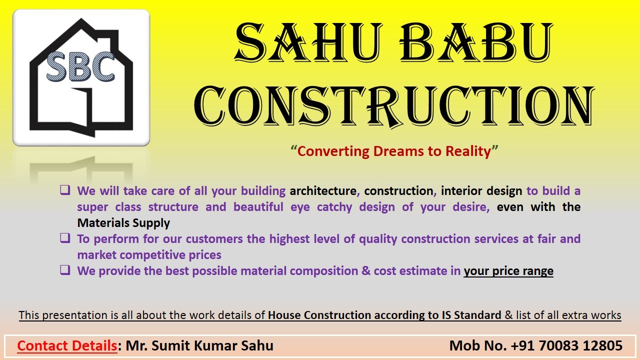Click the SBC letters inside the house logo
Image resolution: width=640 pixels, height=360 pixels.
[80, 66]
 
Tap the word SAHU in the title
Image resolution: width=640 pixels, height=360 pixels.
[308, 42]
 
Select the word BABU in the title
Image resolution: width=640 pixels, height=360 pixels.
[476, 42]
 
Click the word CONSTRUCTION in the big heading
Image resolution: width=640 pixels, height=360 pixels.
[394, 106]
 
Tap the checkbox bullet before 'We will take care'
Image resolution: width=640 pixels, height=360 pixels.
[65, 189]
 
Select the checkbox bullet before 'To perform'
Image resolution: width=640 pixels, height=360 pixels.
[65, 237]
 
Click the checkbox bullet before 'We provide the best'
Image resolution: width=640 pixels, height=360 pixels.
[65, 269]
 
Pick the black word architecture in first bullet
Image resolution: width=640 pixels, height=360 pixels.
[323, 191]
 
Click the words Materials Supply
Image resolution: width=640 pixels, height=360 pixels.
[123, 223]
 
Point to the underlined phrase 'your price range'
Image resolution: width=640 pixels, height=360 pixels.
[508, 271]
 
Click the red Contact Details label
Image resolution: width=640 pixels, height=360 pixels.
[67, 345]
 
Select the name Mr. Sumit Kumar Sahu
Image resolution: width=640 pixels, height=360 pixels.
[199, 345]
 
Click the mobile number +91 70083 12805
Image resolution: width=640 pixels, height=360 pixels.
[566, 345]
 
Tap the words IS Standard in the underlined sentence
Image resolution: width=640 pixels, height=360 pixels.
[471, 315]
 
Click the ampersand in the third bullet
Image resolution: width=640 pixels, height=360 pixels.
[366, 271]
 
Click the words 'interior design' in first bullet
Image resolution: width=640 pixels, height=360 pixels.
[481, 191]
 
